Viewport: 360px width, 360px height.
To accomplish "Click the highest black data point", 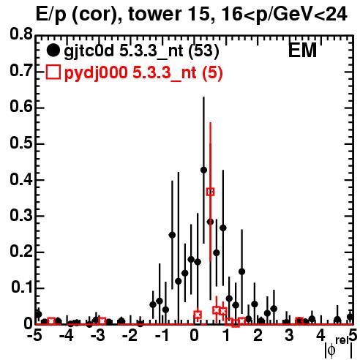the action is point(203,170).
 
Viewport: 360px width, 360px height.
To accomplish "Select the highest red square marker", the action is point(211,192).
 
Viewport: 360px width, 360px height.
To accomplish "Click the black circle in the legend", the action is point(53,50).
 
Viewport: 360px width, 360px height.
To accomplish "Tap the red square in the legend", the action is point(53,72).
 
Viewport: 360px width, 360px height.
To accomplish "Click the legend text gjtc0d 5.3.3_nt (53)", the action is point(141,51).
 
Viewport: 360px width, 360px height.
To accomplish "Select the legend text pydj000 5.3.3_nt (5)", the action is point(143,72).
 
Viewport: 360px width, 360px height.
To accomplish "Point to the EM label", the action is point(302,50).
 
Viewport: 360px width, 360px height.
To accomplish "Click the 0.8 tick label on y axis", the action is point(21,34).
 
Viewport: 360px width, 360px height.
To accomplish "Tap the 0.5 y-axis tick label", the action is point(21,143).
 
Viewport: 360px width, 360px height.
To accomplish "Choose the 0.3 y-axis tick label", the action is point(21,215).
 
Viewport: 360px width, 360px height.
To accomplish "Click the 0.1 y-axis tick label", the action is point(22,288).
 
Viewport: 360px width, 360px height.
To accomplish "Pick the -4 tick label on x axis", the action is point(67,336).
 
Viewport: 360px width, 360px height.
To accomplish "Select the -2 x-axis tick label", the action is point(130,336).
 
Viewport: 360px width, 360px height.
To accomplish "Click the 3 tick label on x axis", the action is point(289,336).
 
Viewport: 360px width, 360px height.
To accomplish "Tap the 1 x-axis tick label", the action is point(226,336).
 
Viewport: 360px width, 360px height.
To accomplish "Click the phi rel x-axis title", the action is point(339,348).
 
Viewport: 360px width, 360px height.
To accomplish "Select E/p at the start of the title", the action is point(51,15).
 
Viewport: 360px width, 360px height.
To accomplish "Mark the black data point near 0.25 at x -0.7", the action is point(172,235).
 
